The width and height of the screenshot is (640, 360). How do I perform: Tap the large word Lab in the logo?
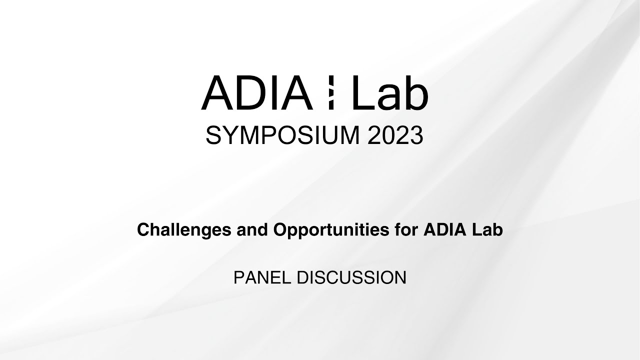(x=390, y=93)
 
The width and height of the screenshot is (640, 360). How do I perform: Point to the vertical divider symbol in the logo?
(x=331, y=93)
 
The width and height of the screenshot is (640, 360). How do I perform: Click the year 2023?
(x=395, y=135)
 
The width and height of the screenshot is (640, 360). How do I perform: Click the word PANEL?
(x=263, y=277)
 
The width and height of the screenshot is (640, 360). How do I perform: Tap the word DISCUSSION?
(x=351, y=277)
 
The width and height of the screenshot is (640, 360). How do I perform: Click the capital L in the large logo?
(x=361, y=93)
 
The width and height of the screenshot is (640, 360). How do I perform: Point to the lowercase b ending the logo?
(x=416, y=93)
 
